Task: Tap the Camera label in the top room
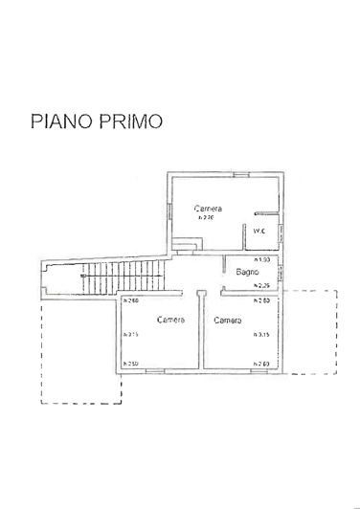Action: tap(209, 208)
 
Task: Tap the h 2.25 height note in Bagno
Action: tap(260, 286)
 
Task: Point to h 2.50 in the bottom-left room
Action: tap(132, 364)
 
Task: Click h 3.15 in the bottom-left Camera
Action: tap(132, 334)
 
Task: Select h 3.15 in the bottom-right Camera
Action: tap(259, 334)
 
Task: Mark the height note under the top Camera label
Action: tap(206, 217)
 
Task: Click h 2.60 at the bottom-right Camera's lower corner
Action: tap(259, 364)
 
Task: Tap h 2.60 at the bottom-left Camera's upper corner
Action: tap(132, 302)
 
